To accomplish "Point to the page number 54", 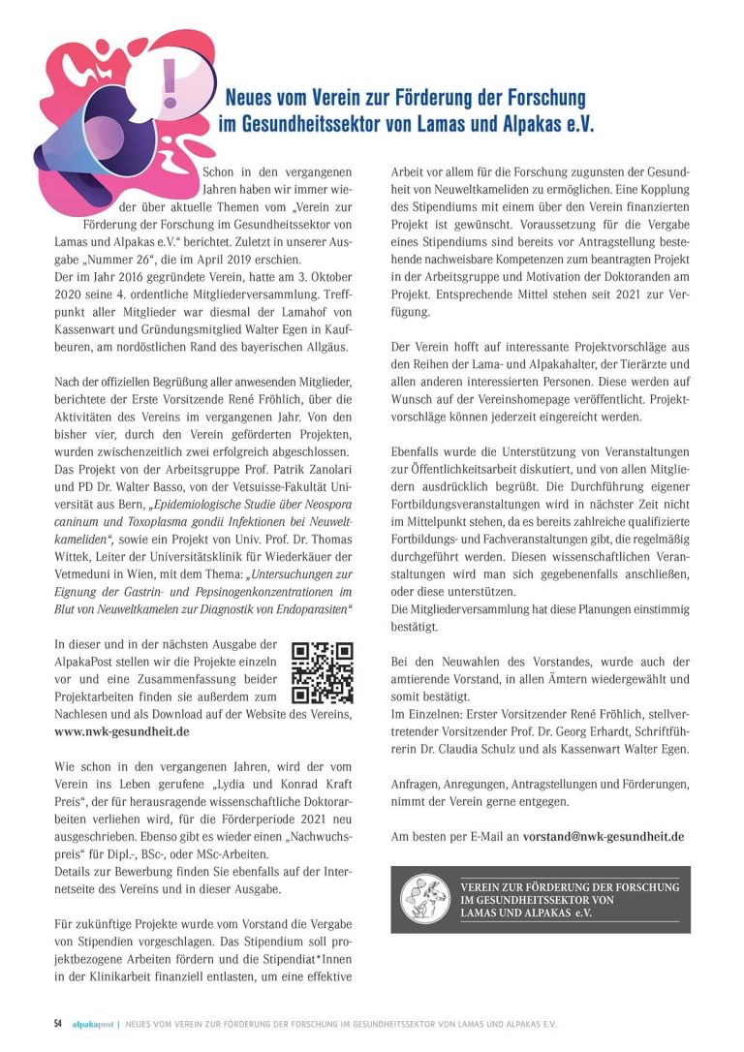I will point(58,1023).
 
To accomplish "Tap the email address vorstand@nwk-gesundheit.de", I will point(604,835).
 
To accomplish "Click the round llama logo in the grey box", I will point(427,900).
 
